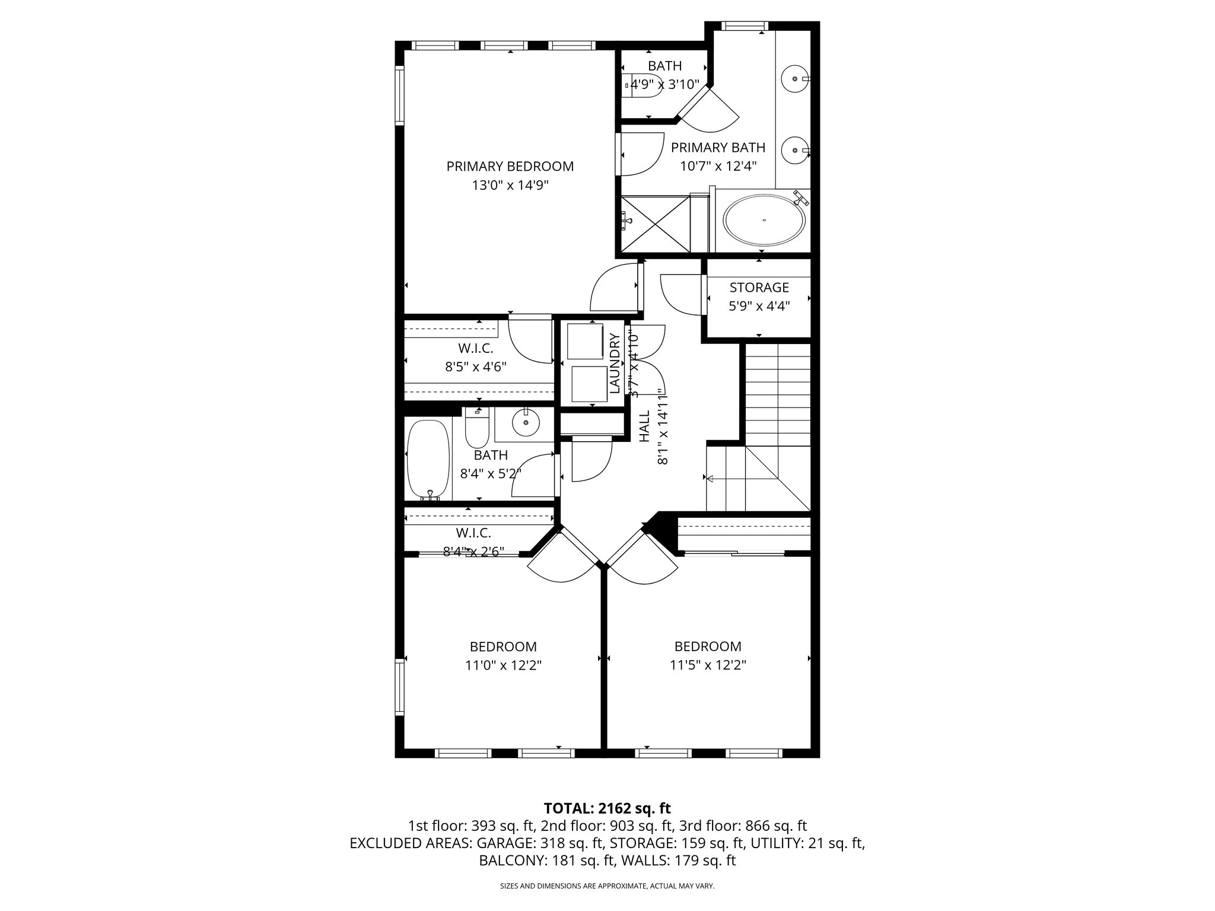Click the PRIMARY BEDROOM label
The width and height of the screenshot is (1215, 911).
pyautogui.click(x=510, y=167)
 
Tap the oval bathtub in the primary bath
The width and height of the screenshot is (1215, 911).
pyautogui.click(x=764, y=220)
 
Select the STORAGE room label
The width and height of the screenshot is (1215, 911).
pyautogui.click(x=759, y=288)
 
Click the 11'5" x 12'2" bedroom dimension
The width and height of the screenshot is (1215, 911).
pyautogui.click(x=707, y=665)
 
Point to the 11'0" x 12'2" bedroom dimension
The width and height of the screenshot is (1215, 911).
pyautogui.click(x=503, y=665)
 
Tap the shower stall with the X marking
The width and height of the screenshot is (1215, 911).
pyautogui.click(x=655, y=222)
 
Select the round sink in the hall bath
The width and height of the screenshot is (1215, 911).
pyautogui.click(x=526, y=423)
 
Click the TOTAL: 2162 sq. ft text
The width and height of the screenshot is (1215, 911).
pyautogui.click(x=607, y=808)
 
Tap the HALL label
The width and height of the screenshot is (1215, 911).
pyautogui.click(x=645, y=426)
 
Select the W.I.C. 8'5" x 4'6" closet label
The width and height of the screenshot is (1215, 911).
pyautogui.click(x=475, y=358)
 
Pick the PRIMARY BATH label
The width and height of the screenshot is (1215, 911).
pyautogui.click(x=718, y=148)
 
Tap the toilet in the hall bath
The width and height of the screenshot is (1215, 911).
pyautogui.click(x=476, y=431)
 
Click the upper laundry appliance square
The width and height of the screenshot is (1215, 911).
pyautogui.click(x=584, y=340)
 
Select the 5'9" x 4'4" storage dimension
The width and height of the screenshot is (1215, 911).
pyautogui.click(x=759, y=307)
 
